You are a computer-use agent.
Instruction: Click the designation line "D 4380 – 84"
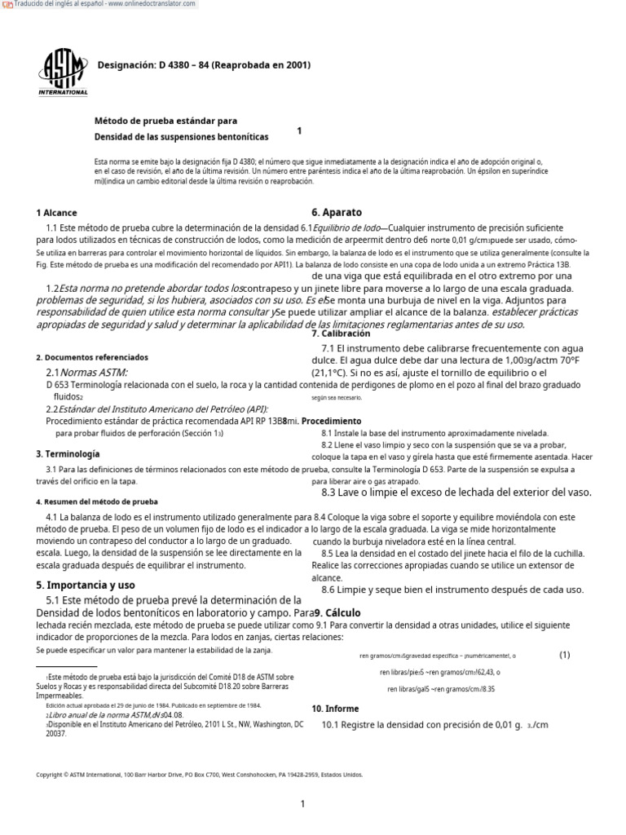point(204,65)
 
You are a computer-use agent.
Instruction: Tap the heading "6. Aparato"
point(337,212)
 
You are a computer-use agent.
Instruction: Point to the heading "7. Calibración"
point(341,334)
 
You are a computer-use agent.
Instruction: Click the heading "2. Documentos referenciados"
point(92,357)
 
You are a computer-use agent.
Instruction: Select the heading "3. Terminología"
point(68,453)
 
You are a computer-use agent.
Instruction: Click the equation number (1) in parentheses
point(564,655)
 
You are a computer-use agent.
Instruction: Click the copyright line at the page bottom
point(201,775)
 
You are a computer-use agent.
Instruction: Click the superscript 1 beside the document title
point(299,130)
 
